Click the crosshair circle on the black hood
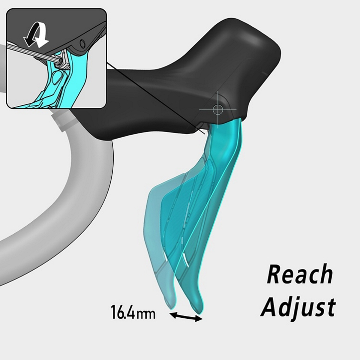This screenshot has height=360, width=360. (x=217, y=109)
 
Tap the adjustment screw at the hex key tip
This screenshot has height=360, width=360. (x=60, y=60)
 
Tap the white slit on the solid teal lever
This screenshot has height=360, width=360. (x=185, y=259)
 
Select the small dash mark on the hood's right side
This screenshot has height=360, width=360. (x=264, y=73)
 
